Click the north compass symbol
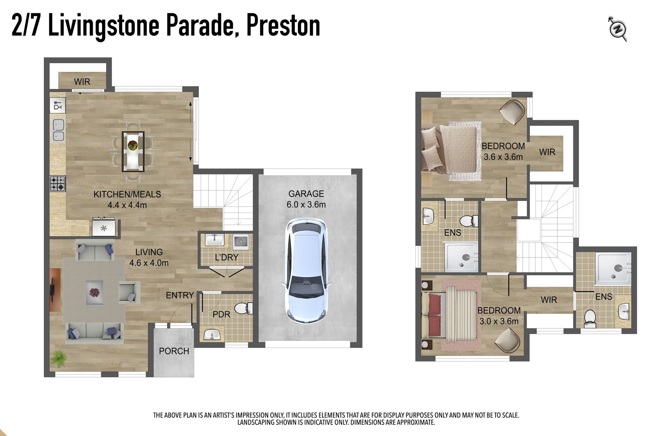[x=617, y=29]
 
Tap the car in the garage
[x=306, y=271]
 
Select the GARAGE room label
[x=306, y=194]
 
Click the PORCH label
[x=174, y=351]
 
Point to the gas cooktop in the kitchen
[x=57, y=183]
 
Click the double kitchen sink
[x=58, y=130]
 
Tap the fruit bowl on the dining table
[x=133, y=145]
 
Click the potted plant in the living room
[x=59, y=359]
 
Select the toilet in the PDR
[x=244, y=309]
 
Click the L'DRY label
[x=227, y=258]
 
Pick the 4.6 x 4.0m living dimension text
[x=149, y=263]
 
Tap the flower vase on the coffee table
[x=94, y=292]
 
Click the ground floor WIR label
[x=82, y=82]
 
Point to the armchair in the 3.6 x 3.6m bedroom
[x=512, y=112]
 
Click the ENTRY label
[x=180, y=295]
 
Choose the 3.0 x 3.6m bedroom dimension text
[x=499, y=321]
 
